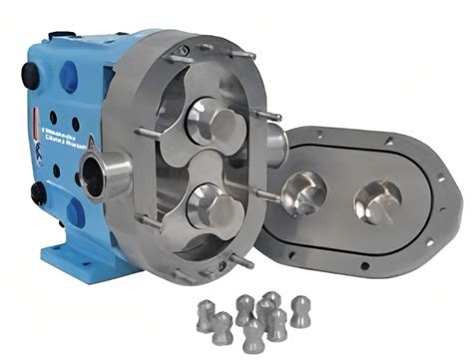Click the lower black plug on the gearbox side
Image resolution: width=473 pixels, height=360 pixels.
tap(38, 190)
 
